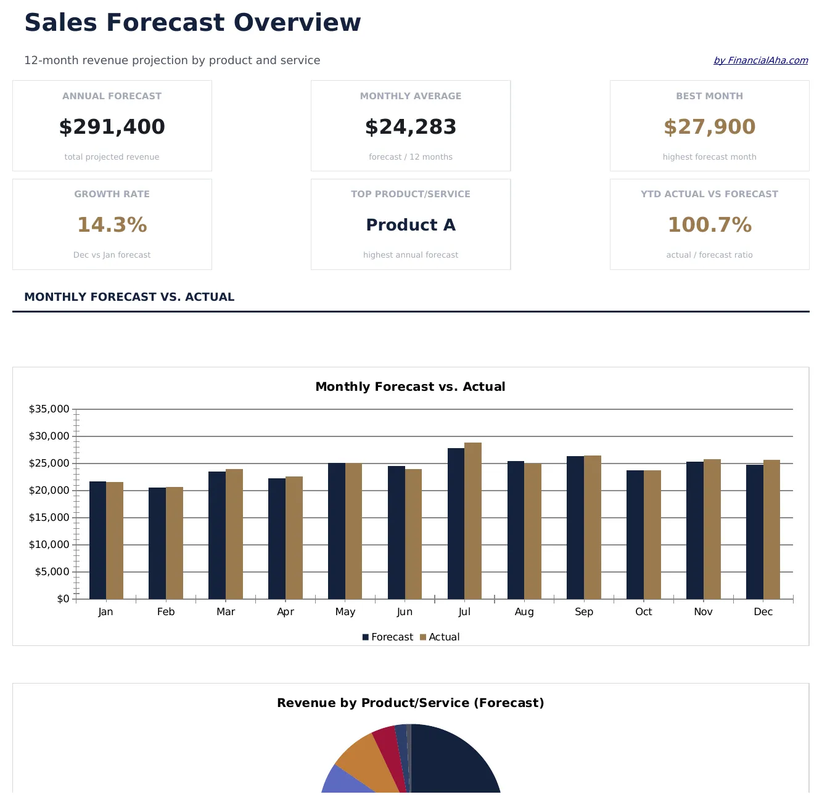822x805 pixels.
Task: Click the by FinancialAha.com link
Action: pos(760,60)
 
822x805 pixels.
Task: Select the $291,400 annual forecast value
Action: pos(112,127)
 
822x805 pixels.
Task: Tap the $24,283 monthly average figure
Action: pos(410,127)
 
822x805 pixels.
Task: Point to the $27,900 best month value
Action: pos(709,127)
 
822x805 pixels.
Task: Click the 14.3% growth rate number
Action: pos(112,225)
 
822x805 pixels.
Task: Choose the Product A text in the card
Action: pos(410,225)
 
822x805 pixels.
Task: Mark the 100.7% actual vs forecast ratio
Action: pos(709,225)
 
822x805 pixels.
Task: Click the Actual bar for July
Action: pos(473,521)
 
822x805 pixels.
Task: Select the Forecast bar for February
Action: pos(157,543)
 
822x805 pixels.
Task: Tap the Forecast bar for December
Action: pos(754,532)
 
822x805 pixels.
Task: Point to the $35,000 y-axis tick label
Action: pos(49,409)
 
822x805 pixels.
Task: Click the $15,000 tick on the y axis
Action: pos(49,518)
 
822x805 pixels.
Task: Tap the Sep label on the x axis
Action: pos(583,611)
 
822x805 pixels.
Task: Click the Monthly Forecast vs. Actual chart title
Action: pos(410,386)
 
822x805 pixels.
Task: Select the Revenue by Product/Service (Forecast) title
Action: pos(410,703)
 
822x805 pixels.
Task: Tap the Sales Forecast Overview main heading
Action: pos(192,23)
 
